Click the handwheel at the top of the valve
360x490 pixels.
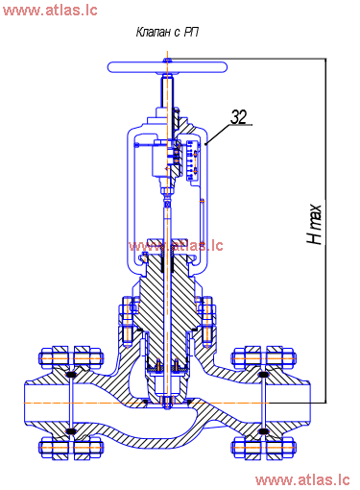click(x=167, y=67)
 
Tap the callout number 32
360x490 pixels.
click(x=239, y=116)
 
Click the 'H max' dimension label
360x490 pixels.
click(x=314, y=224)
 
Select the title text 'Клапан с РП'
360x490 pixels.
click(x=167, y=33)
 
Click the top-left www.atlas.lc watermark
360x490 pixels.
click(x=50, y=10)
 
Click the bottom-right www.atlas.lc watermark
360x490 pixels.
click(x=302, y=479)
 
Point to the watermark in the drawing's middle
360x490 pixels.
click(x=176, y=246)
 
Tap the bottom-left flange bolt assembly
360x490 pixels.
click(x=71, y=447)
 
